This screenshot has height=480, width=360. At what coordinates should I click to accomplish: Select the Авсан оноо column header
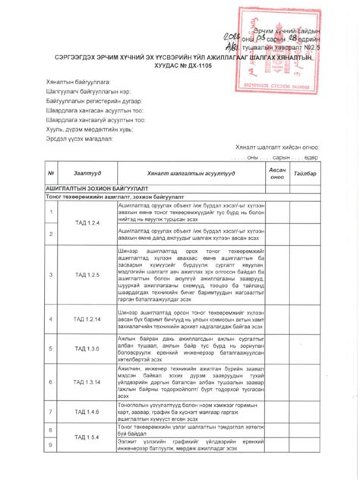[x=276, y=173]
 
